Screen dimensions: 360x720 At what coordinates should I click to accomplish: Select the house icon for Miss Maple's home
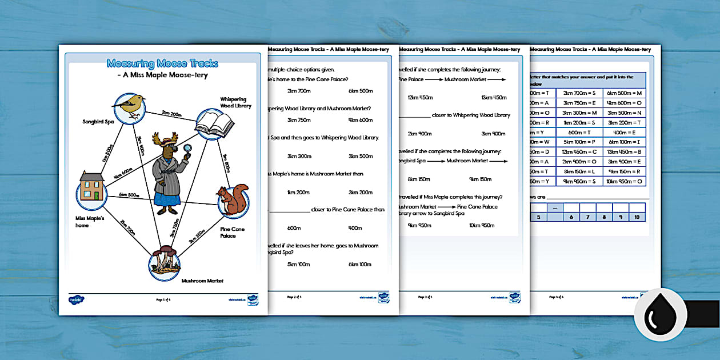pos(91,188)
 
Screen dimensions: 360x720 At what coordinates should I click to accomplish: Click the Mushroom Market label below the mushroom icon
pos(202,281)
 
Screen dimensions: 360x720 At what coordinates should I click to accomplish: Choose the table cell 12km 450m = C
pos(578,151)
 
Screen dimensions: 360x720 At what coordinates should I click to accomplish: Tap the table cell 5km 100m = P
pos(578,141)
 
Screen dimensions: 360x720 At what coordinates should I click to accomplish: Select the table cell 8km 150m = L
pos(578,171)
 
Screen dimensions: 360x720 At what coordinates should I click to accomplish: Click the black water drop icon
pos(659,314)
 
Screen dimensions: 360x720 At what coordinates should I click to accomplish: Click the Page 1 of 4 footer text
pos(165,299)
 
